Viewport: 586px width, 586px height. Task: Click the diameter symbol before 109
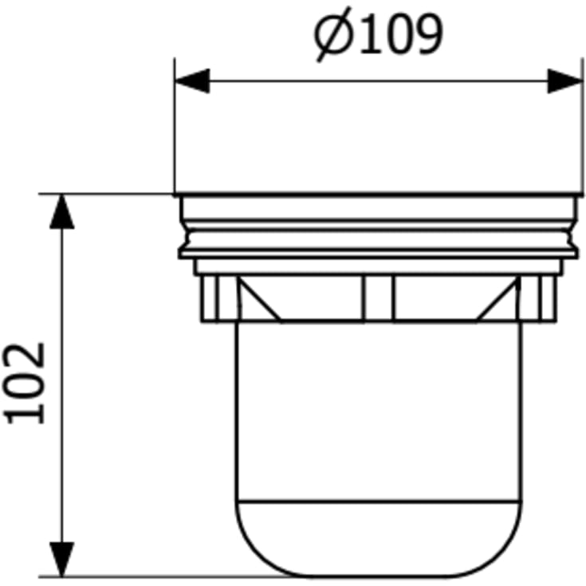[x=333, y=34]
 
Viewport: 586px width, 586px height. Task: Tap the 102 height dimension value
[x=23, y=383]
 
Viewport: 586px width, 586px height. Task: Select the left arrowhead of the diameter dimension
[x=192, y=81]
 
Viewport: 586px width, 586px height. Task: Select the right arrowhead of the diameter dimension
[x=565, y=81]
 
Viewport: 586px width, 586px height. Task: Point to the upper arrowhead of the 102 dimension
[x=62, y=211]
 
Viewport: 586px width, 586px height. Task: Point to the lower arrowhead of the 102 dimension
[x=62, y=560]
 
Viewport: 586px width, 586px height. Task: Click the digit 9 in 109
[x=430, y=33]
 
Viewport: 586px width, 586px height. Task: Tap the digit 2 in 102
[x=23, y=356]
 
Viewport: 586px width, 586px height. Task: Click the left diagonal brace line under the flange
[x=260, y=299]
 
